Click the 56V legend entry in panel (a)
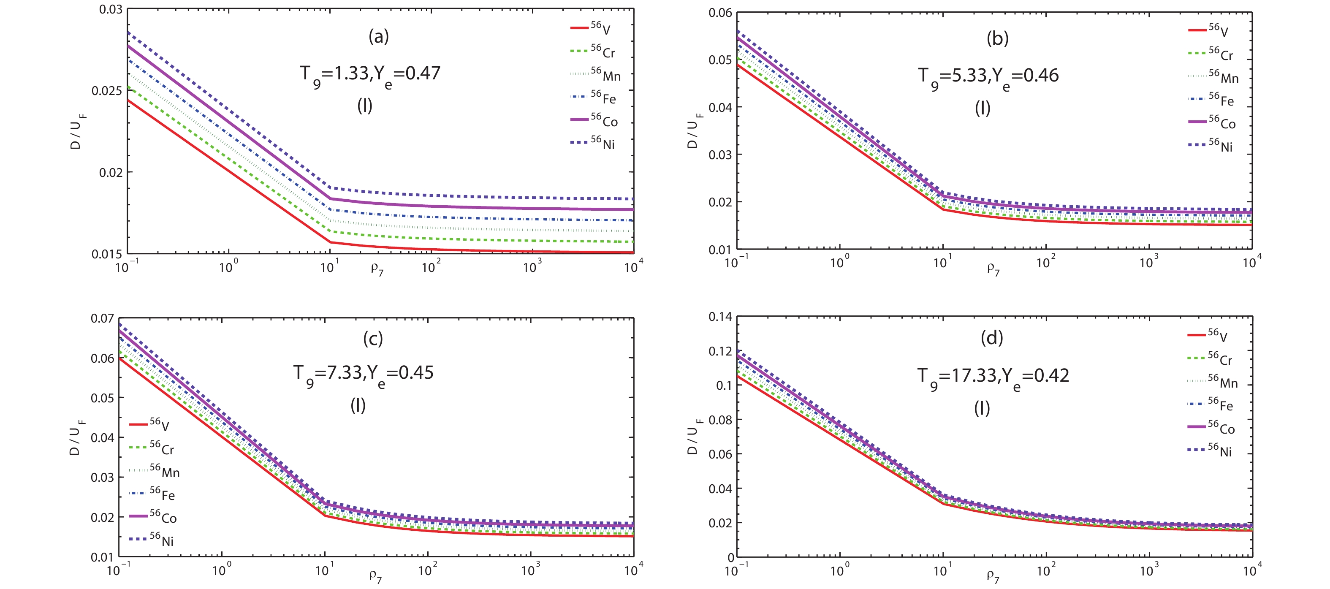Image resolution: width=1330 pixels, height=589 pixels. coord(592,28)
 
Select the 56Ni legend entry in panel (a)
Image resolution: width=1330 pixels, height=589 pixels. coord(593,142)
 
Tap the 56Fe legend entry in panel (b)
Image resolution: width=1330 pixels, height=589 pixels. coord(1211,99)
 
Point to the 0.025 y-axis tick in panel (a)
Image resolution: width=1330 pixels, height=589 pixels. coord(107,91)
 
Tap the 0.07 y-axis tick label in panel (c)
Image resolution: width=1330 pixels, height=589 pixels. coord(102,318)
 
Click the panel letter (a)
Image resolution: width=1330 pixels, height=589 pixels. coord(378,37)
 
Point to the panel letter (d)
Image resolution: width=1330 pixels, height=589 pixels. coord(992,338)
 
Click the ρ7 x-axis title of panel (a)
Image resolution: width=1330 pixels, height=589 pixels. coord(377,269)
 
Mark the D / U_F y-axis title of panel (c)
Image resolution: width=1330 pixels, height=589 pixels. coord(76,437)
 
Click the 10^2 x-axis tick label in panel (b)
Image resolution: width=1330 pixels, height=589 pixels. coord(1045,262)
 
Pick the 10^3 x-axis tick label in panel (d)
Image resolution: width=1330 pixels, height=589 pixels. coord(1149,570)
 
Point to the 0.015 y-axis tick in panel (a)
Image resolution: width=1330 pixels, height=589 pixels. coord(107,254)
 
